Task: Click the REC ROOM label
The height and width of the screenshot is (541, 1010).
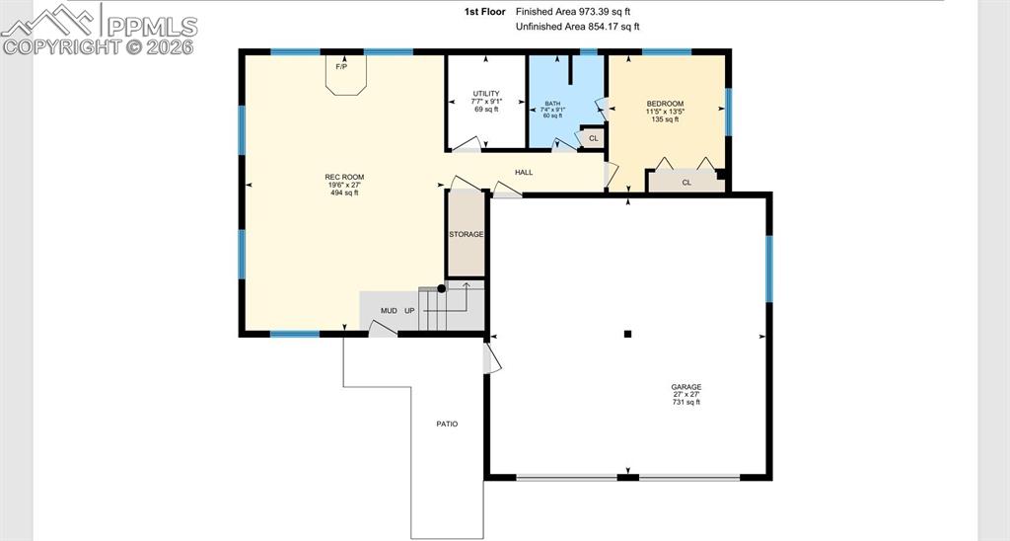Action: tap(344, 178)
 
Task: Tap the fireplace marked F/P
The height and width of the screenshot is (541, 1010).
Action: tap(346, 76)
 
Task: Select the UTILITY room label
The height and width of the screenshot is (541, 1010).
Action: tap(486, 94)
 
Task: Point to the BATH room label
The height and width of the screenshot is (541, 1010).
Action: tap(552, 104)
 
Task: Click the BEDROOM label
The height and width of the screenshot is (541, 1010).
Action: tap(666, 104)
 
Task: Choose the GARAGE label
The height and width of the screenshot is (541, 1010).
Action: tap(686, 388)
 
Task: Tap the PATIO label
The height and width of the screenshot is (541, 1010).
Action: tap(447, 425)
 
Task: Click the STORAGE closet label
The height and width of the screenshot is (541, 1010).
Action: tap(467, 235)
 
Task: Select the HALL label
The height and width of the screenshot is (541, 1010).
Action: tap(524, 173)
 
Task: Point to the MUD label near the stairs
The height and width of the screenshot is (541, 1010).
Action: tap(389, 311)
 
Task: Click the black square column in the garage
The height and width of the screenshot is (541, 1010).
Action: tap(627, 334)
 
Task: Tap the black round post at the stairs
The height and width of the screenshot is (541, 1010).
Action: tap(441, 289)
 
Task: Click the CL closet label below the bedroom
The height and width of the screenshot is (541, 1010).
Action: tap(686, 183)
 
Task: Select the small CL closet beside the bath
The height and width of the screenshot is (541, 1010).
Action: tap(593, 138)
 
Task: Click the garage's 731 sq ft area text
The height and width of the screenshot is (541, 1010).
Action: tap(686, 403)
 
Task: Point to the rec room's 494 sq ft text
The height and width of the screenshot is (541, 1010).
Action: tap(344, 193)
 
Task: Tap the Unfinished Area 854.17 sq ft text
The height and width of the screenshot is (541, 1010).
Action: tap(578, 27)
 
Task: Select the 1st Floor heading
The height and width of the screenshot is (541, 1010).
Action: tap(485, 12)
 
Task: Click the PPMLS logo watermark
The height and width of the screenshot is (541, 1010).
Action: tap(100, 30)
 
